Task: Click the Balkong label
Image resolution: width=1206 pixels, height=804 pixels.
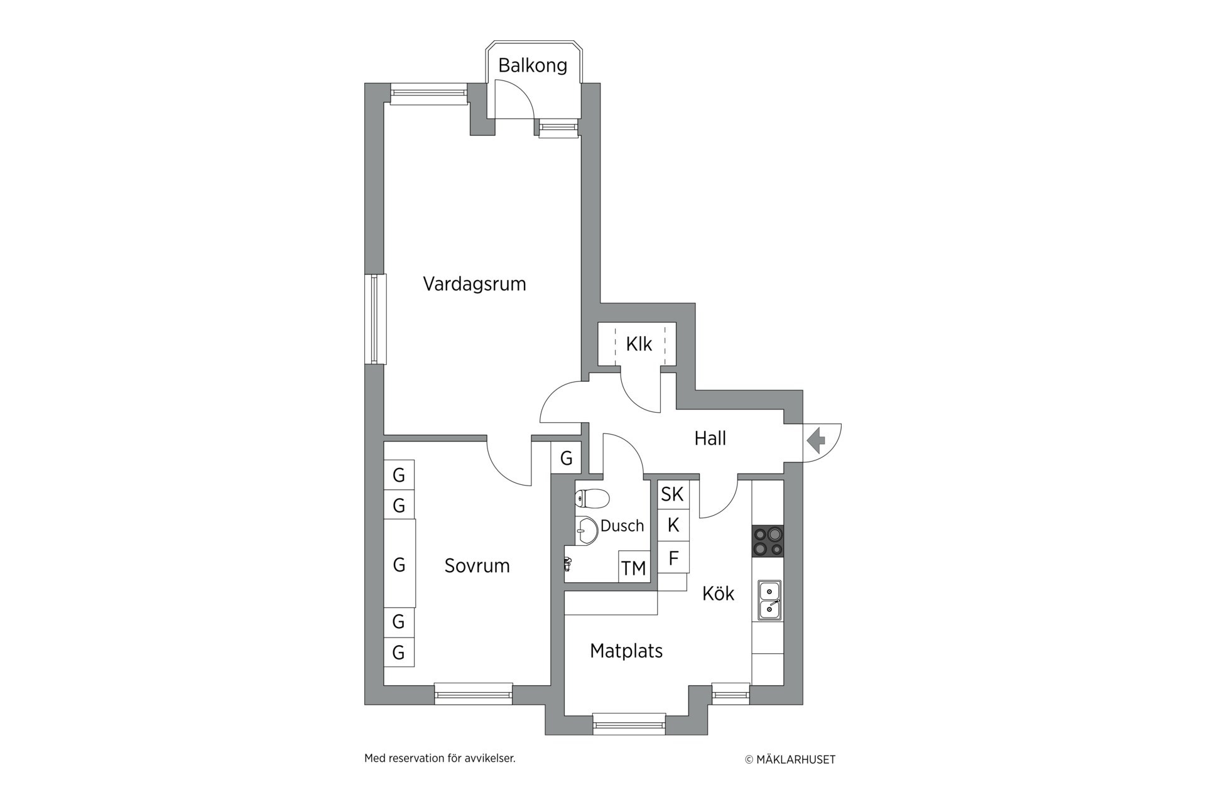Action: pyautogui.click(x=533, y=65)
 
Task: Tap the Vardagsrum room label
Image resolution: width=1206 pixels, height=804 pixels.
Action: pyautogui.click(x=474, y=284)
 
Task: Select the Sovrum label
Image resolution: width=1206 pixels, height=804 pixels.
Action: pyautogui.click(x=477, y=566)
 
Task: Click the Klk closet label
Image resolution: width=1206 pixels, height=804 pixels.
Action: pyautogui.click(x=639, y=344)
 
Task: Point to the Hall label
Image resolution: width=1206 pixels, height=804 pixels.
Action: pyautogui.click(x=710, y=438)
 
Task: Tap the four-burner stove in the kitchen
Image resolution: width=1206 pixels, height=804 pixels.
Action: pyautogui.click(x=768, y=541)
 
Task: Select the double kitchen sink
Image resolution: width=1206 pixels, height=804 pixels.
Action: pyautogui.click(x=769, y=600)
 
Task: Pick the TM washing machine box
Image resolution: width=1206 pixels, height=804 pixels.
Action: pyautogui.click(x=634, y=567)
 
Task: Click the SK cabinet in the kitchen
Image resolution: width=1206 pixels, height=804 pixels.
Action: pyautogui.click(x=673, y=494)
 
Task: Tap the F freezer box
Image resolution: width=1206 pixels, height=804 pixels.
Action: pyautogui.click(x=673, y=558)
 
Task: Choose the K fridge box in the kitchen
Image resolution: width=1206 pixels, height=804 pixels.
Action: pyautogui.click(x=673, y=525)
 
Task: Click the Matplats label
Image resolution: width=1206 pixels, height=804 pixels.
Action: pyautogui.click(x=626, y=651)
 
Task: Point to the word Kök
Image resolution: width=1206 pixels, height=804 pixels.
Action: pyautogui.click(x=718, y=594)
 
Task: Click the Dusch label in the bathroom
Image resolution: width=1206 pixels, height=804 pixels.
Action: pyautogui.click(x=622, y=526)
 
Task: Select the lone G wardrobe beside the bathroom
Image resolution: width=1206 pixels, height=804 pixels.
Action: pyautogui.click(x=566, y=458)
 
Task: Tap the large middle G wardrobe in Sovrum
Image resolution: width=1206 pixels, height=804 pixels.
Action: pyautogui.click(x=399, y=564)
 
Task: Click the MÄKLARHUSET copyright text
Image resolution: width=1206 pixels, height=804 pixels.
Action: pyautogui.click(x=790, y=760)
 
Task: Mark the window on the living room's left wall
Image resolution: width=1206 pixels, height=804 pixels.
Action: pyautogui.click(x=375, y=319)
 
